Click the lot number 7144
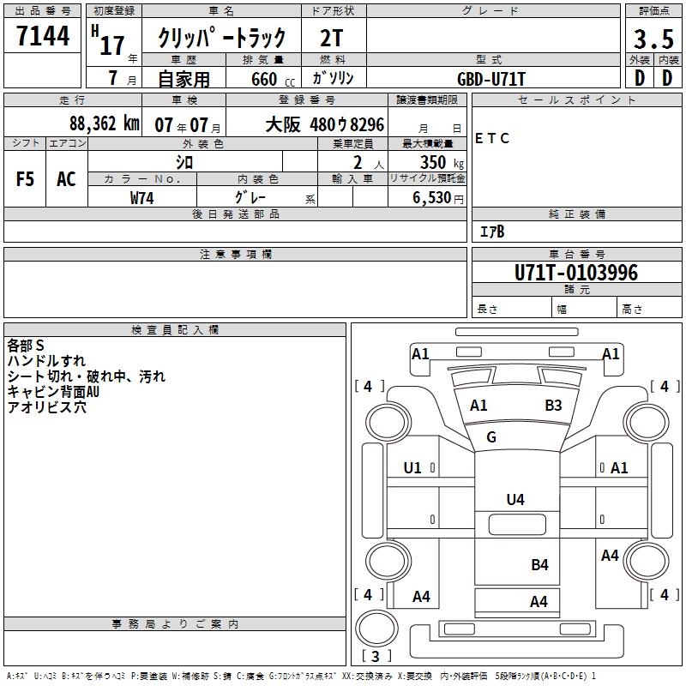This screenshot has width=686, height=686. (43, 37)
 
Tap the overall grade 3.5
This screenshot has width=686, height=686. (652, 39)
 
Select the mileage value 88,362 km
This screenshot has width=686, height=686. (104, 123)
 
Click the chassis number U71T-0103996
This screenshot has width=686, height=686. (576, 273)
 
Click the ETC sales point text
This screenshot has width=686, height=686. (492, 139)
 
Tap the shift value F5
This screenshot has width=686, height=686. (26, 179)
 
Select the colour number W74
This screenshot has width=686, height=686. (142, 197)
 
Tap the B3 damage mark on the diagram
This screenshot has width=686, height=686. (553, 406)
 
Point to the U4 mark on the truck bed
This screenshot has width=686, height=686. (514, 499)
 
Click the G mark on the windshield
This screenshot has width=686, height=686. (491, 437)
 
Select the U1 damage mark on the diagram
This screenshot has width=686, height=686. (412, 468)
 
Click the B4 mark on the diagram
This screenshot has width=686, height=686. (539, 564)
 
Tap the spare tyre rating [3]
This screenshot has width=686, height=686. (376, 656)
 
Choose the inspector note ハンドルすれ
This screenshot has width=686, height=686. (46, 361)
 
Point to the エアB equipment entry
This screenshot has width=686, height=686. (491, 232)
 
